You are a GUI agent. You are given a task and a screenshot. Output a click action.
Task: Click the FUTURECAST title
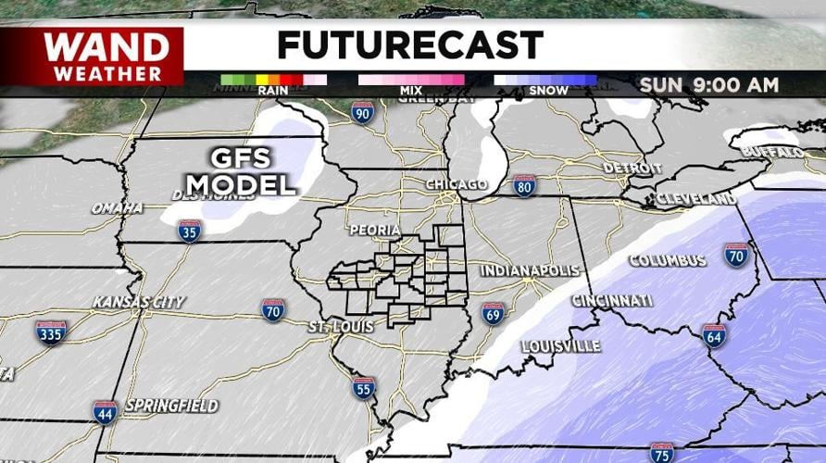coord(409,44)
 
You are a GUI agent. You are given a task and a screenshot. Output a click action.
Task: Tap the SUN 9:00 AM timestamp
coord(708,85)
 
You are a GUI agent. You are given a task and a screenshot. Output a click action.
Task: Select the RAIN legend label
coord(272,91)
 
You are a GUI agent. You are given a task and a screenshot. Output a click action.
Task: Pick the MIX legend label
coord(410,91)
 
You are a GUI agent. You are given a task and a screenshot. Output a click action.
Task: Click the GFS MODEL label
coord(240,169)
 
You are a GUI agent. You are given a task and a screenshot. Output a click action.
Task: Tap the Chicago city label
coord(456,184)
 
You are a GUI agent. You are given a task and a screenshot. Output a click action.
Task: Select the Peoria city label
coord(375,229)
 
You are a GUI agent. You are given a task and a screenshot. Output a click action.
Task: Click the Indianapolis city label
coord(529,270)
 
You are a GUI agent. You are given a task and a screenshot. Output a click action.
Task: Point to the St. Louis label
coord(341,327)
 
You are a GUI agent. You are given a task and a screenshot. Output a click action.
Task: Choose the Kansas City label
coord(139,302)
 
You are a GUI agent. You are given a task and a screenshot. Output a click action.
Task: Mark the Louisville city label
coord(560,346)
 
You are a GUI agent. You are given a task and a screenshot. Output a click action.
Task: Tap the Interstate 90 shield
coord(363,114)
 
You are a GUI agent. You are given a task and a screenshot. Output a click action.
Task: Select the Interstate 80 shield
coord(524,186)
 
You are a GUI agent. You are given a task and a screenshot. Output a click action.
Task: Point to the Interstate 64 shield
coord(713,335)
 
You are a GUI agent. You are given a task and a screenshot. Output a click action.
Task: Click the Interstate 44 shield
coord(105,412)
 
